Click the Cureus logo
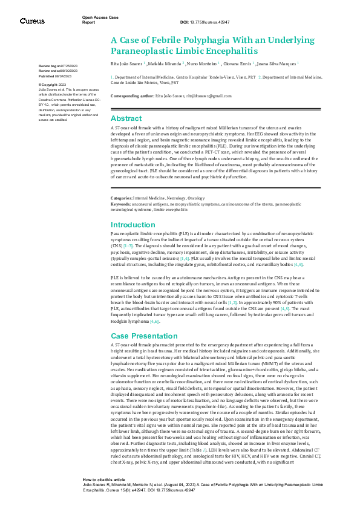click(32, 21)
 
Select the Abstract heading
click(126, 118)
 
